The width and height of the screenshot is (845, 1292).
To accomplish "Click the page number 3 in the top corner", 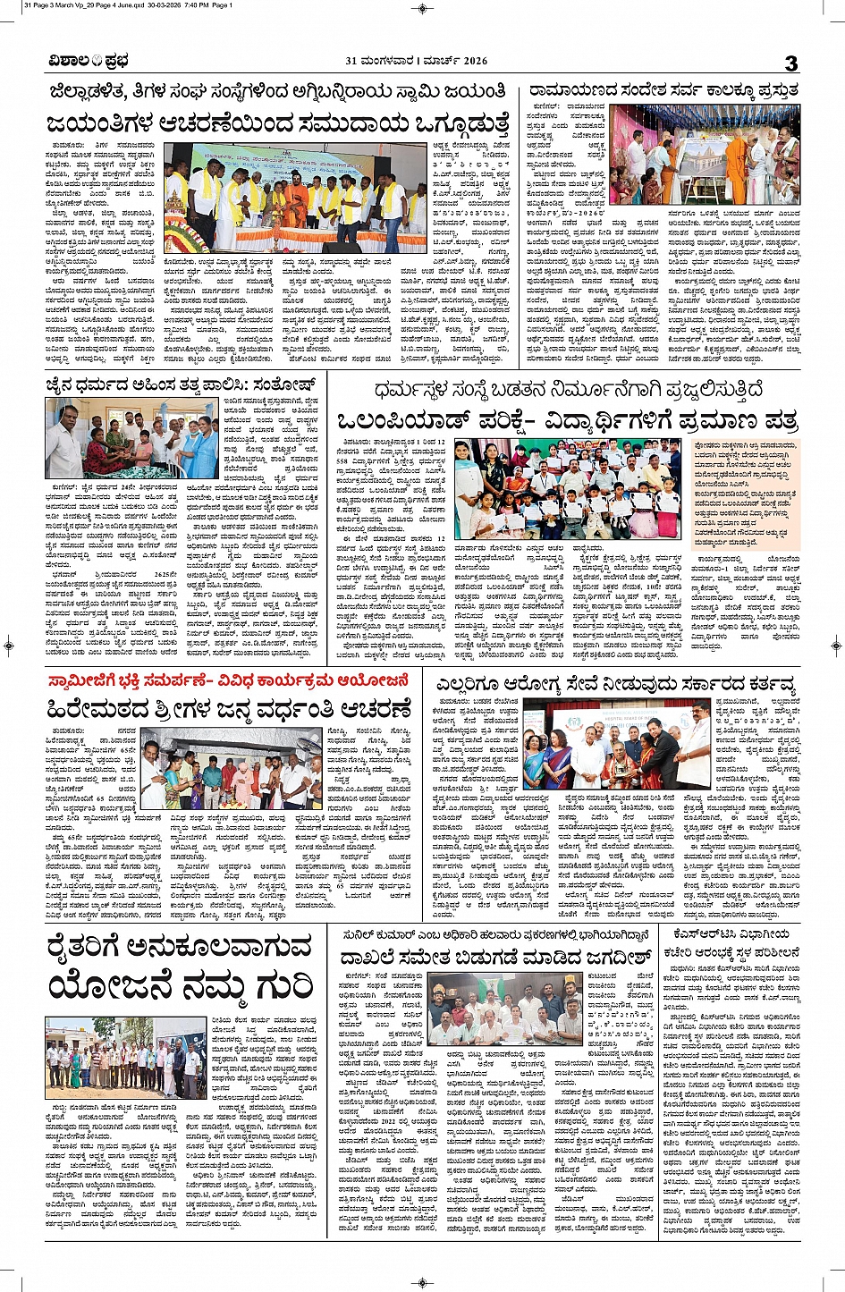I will point(790,63).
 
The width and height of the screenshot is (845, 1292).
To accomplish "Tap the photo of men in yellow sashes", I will point(295,198).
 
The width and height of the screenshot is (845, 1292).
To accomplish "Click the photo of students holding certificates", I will point(567,488).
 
